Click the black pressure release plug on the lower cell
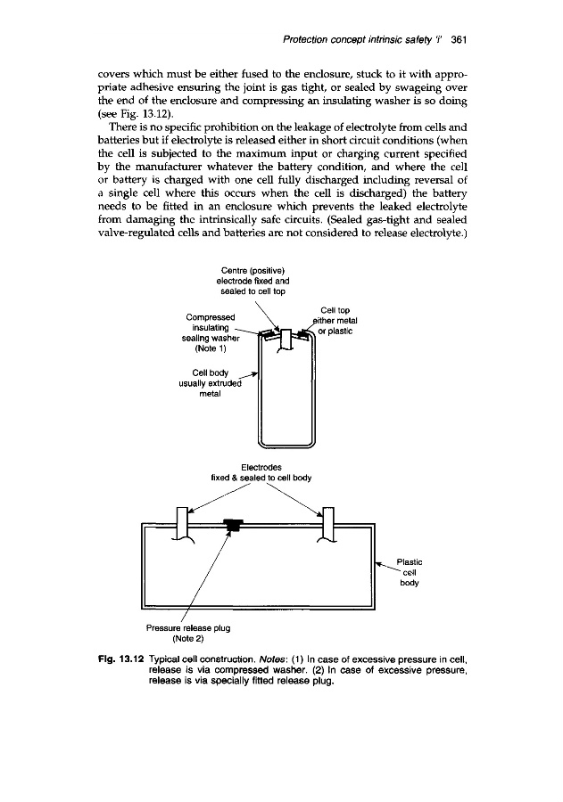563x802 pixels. click(233, 527)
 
